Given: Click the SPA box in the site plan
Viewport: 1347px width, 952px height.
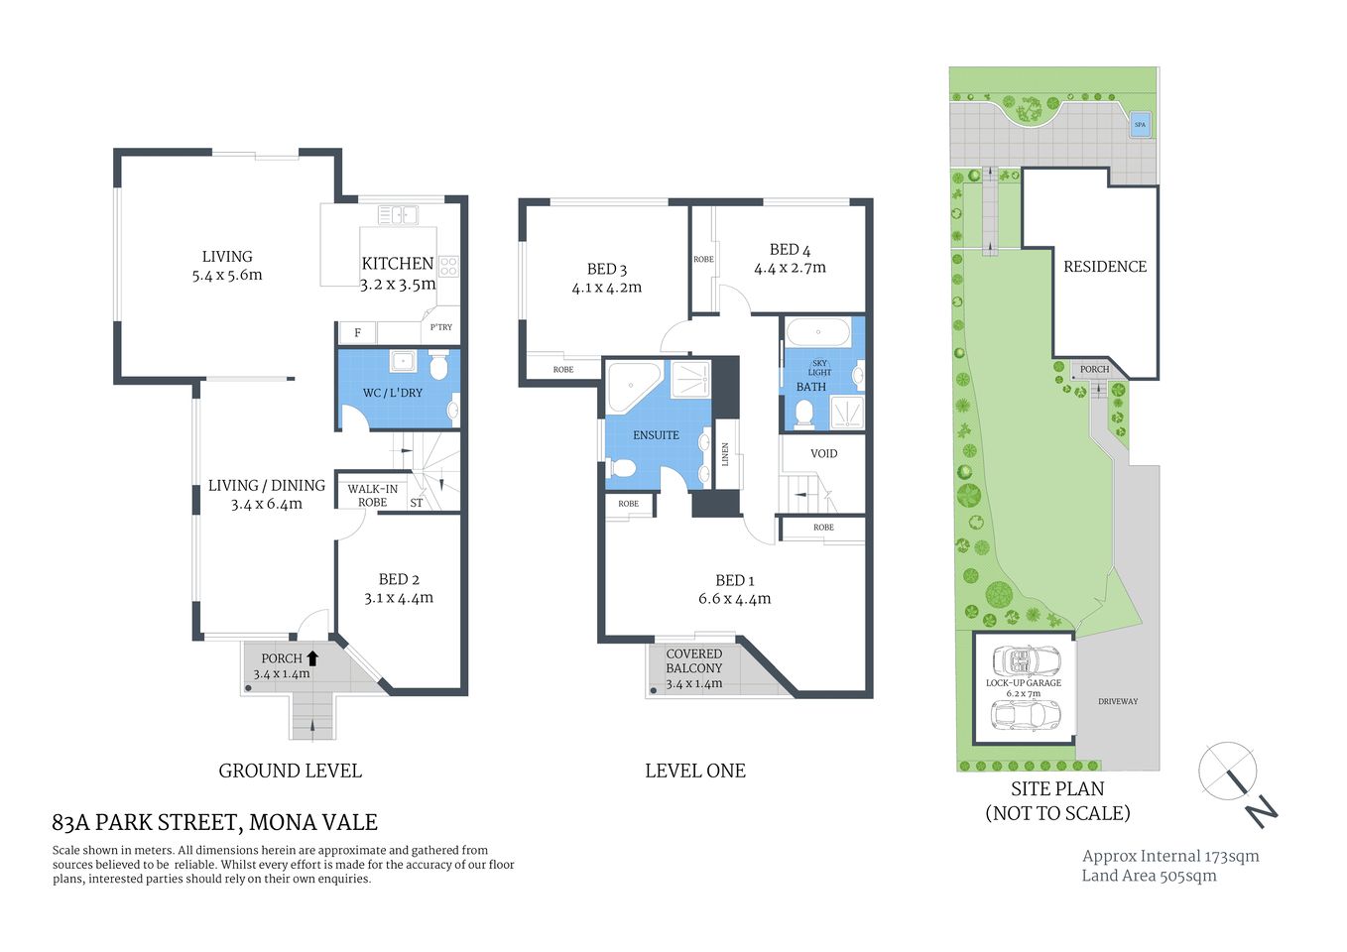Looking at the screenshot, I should pos(1140,125).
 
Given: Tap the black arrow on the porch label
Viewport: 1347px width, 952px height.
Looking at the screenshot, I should pos(312,657).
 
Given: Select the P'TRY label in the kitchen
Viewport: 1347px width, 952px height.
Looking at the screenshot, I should pos(440,327).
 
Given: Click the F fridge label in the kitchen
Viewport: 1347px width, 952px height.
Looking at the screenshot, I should pos(358,332).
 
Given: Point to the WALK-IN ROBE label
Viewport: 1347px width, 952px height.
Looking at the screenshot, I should pos(372,495).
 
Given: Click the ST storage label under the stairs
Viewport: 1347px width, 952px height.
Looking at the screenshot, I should pos(416,503).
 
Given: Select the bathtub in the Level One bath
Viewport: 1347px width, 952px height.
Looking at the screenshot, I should pos(818,332).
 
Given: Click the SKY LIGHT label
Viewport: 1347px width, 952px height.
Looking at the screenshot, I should pos(819,368).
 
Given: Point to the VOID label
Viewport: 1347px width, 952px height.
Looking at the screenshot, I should pos(823,453).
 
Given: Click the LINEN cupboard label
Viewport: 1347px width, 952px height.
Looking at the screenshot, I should pos(725,455).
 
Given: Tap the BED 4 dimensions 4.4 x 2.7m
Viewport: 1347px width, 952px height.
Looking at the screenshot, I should pos(790,268).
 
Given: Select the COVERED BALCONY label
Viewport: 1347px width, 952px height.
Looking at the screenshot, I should pos(693,661).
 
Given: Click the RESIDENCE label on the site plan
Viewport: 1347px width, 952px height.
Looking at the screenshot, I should pos(1104,267).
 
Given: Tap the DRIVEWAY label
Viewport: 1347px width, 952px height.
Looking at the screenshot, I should pos(1118,701).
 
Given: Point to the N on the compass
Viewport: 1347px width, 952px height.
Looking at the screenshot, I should pos(1260,812).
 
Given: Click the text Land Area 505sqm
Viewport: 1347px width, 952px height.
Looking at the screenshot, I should pos(1149,876).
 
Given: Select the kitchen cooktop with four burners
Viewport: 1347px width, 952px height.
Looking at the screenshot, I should pos(448,266).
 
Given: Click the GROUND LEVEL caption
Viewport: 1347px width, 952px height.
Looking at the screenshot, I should pos(290,771).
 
